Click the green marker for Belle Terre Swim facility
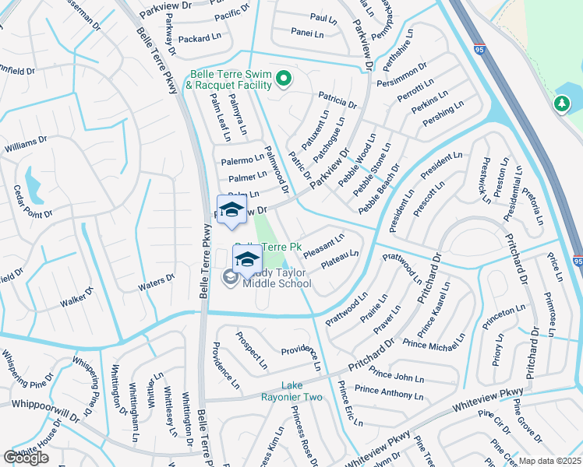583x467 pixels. point(284,78)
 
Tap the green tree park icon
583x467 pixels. point(561,104)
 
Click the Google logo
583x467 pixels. point(26,458)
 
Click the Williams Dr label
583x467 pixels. point(26,144)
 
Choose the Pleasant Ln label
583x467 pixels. point(323,244)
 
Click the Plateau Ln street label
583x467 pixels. point(340,258)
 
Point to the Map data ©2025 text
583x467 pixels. point(550,461)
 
